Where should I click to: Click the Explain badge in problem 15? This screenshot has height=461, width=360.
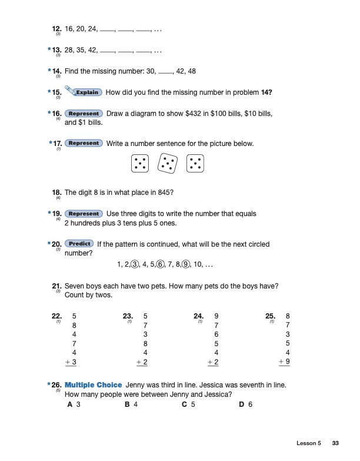point(84,92)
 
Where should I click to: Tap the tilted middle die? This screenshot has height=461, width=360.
point(167,163)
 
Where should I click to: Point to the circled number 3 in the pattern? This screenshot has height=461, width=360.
point(135,264)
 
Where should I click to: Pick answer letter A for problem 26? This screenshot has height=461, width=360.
point(70,404)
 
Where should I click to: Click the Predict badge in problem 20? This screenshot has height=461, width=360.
point(79,244)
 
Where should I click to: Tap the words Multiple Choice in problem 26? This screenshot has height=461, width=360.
point(93,384)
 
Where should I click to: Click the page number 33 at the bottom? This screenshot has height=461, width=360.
point(336,443)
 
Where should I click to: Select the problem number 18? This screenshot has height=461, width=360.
point(57,192)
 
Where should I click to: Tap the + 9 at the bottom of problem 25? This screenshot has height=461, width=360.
point(285,362)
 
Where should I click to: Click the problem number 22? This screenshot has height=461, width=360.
point(57,316)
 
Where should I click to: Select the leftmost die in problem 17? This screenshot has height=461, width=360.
point(140,163)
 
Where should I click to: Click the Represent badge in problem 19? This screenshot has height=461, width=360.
point(83,213)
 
